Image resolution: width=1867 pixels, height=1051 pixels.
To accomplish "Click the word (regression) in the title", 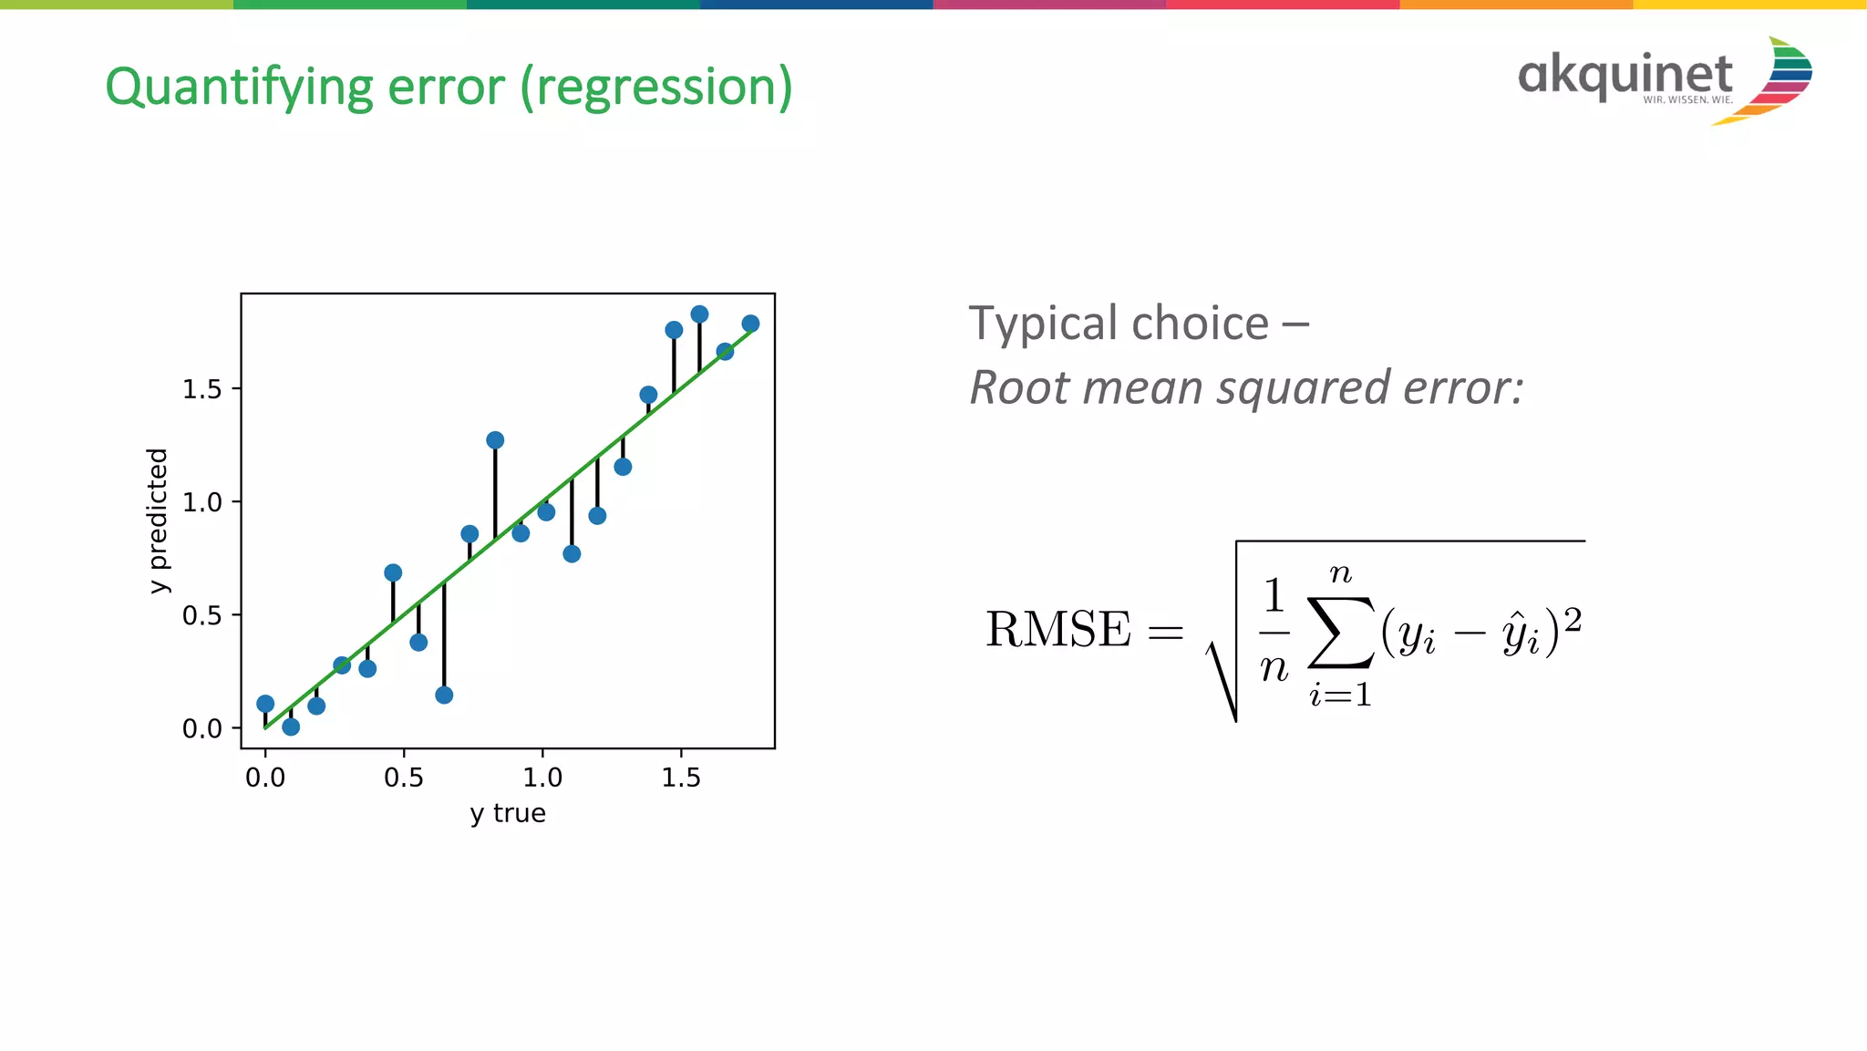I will pos(656,88).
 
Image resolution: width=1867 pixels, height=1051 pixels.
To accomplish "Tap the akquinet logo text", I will pos(1625,75).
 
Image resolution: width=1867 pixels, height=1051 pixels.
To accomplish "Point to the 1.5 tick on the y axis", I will pos(202,389).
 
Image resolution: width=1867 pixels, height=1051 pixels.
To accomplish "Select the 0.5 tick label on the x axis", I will pos(403,778).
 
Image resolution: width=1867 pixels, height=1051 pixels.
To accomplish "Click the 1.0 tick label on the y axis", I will pos(202,502).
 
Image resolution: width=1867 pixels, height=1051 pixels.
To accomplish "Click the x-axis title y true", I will pos(508,813).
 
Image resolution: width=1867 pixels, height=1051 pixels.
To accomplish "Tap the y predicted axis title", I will pos(159,520).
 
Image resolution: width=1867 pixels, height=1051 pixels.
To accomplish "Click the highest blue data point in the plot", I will pos(699,314).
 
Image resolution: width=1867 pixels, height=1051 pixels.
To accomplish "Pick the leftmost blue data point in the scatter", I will pos(265,704).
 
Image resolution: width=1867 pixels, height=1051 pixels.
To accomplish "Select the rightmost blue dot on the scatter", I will pos(750,324).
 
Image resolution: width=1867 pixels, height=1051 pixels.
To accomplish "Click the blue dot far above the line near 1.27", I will pos(495,440).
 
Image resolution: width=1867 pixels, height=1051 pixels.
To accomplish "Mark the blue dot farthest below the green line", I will pos(444,696).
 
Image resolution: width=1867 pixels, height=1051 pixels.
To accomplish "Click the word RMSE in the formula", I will pos(1057,630).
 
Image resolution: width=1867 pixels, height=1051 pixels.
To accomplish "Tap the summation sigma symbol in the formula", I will pos(1339,632).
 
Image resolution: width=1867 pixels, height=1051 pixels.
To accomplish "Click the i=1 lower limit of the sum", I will pos(1340,696).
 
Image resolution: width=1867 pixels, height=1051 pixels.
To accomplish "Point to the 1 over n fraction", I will pos(1274,631).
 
